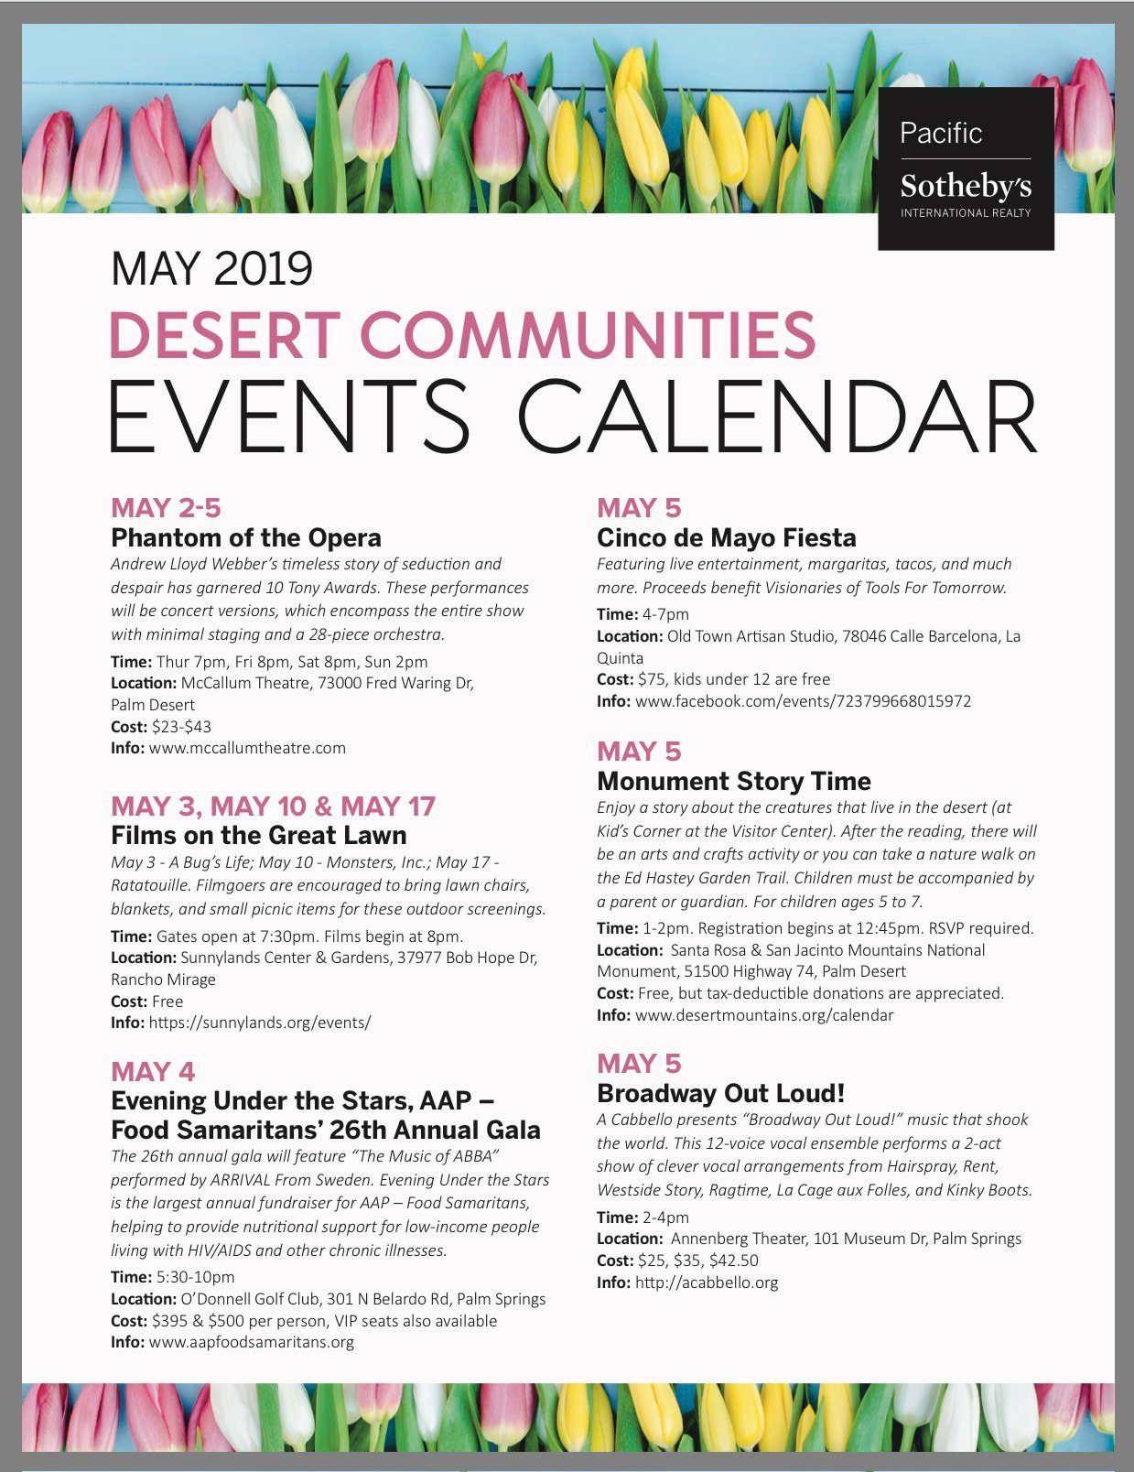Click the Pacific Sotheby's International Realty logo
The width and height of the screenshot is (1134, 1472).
(x=966, y=169)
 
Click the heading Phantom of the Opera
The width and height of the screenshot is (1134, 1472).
(x=246, y=537)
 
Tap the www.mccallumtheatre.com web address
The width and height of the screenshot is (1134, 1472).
(x=247, y=748)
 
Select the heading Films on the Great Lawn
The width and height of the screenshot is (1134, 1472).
(x=259, y=835)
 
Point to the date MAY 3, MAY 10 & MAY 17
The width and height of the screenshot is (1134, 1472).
(x=273, y=806)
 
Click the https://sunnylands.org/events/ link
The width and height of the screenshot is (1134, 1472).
(x=260, y=1023)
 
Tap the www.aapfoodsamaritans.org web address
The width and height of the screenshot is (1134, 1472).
(x=251, y=1342)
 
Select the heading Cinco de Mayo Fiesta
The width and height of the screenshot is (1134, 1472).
(x=727, y=537)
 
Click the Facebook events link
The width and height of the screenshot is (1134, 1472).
(x=803, y=701)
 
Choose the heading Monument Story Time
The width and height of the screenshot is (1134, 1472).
(x=734, y=781)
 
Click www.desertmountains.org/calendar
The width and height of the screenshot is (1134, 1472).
(x=764, y=1015)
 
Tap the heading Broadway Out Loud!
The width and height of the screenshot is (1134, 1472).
(x=720, y=1093)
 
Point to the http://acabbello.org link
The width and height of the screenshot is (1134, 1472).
(x=707, y=1283)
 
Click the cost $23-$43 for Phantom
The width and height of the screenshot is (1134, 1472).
(x=181, y=727)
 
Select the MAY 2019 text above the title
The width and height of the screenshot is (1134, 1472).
(x=211, y=268)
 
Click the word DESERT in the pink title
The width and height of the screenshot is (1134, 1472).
(x=224, y=335)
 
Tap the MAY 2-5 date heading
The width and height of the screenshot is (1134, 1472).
(x=166, y=508)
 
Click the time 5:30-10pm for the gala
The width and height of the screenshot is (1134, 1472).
(x=195, y=1277)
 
